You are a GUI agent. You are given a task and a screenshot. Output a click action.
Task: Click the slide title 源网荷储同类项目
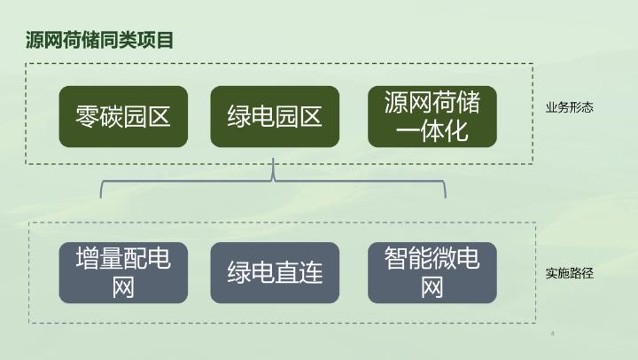click(x=99, y=40)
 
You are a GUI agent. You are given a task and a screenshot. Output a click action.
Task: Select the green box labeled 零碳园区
click(x=123, y=116)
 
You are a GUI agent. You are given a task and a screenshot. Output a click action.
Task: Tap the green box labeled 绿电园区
click(x=275, y=116)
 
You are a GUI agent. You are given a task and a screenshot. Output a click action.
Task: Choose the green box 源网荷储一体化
click(x=432, y=116)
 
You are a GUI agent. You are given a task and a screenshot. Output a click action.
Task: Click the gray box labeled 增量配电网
click(x=123, y=272)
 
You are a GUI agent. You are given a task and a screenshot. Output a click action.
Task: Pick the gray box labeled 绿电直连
click(x=275, y=272)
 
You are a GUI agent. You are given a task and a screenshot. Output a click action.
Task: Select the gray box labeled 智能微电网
click(x=432, y=272)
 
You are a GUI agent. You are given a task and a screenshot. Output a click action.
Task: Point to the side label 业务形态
click(x=569, y=108)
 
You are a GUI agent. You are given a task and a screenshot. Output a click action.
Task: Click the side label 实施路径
click(x=569, y=274)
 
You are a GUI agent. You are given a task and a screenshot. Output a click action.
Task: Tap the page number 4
click(x=552, y=334)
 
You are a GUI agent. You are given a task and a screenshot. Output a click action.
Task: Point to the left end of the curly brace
click(x=103, y=195)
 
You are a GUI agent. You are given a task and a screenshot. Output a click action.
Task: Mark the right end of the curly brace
click(x=444, y=195)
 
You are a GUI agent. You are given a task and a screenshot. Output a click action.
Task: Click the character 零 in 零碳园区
click(x=89, y=116)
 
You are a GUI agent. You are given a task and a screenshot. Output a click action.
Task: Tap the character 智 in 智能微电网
click(x=396, y=259)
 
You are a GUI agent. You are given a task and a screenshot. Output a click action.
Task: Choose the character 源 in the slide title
click(x=35, y=40)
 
